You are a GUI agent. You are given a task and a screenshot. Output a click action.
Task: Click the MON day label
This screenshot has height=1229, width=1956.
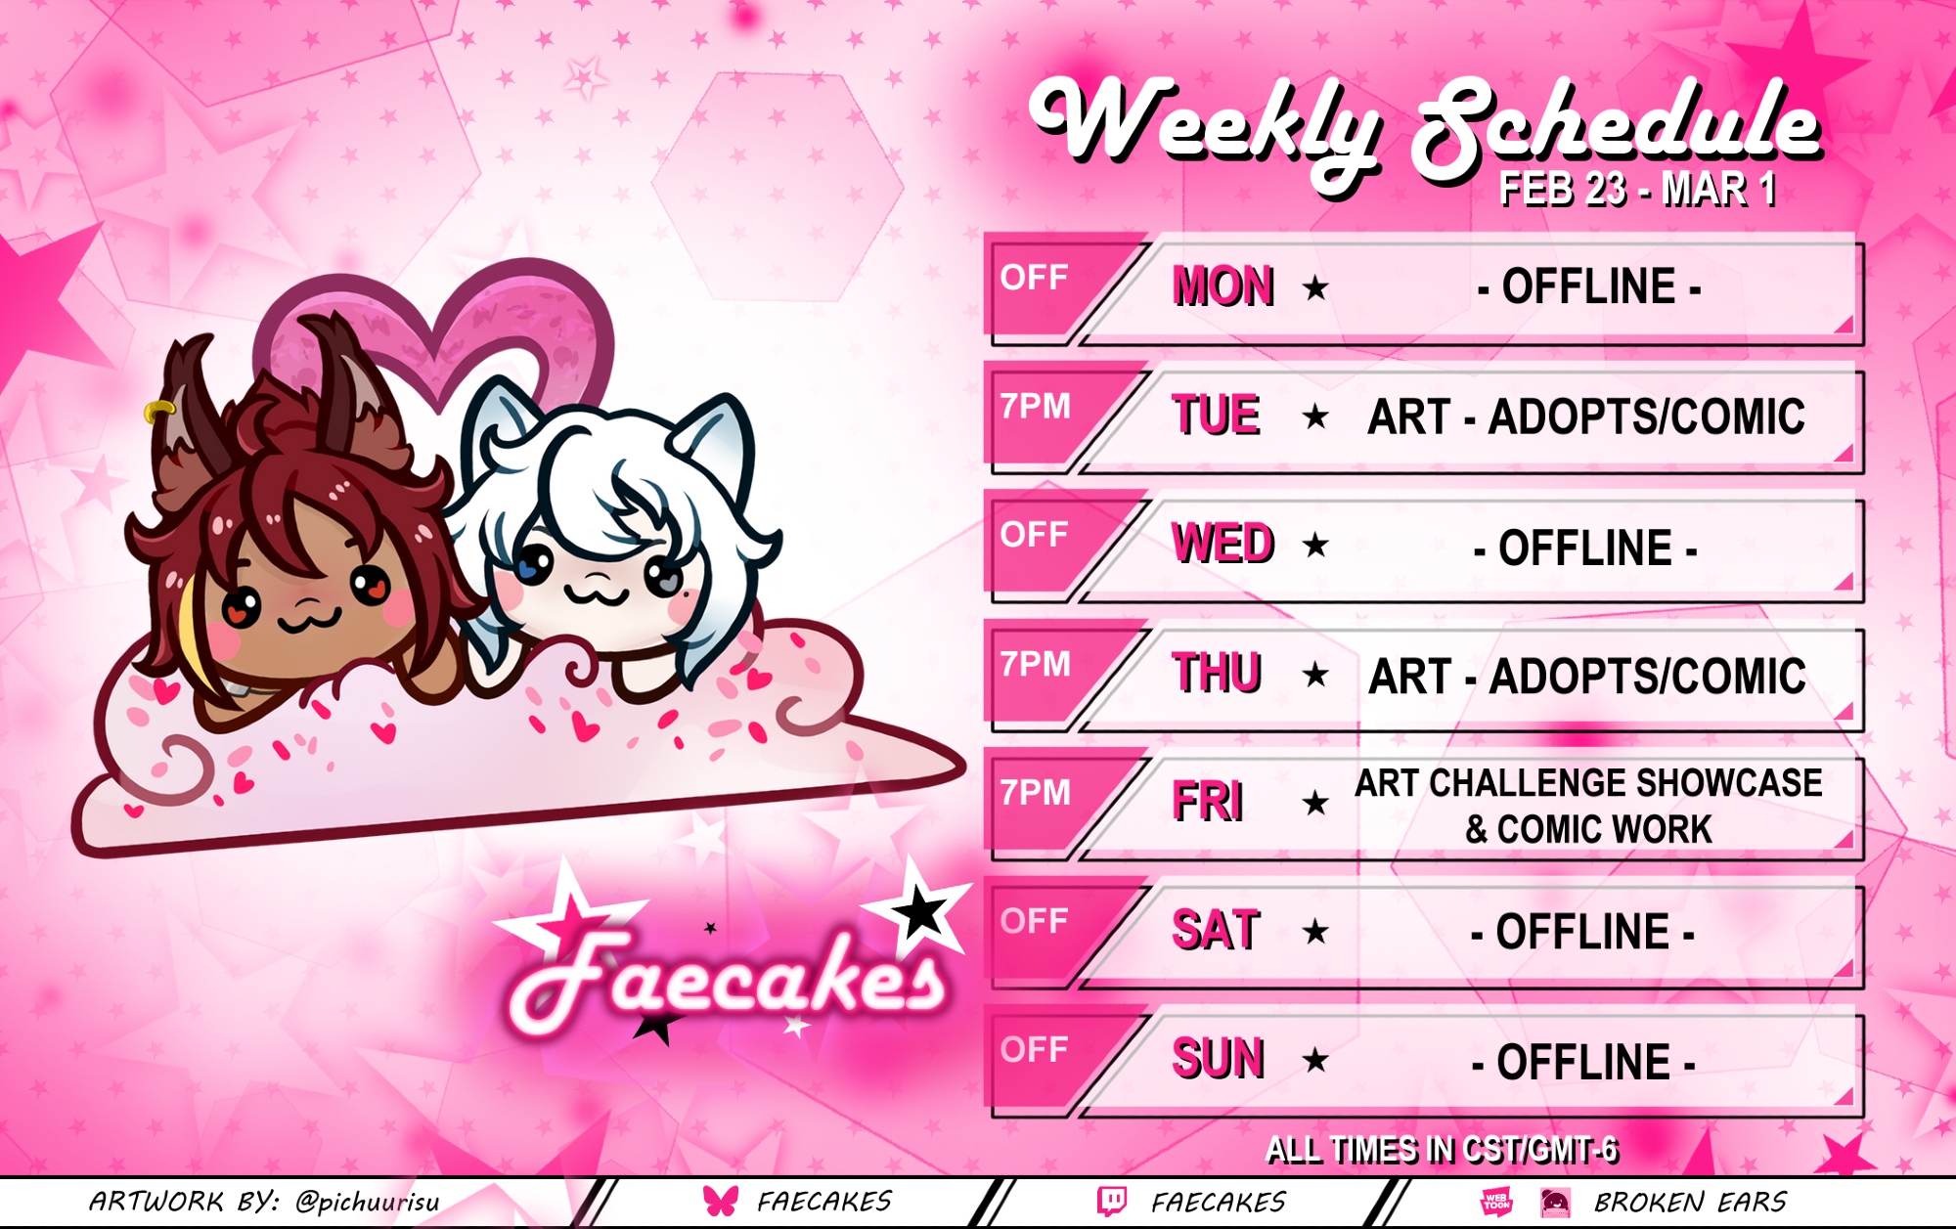[x=1223, y=286]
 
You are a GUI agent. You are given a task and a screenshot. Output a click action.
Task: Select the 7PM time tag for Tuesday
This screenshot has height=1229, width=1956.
[x=1036, y=406]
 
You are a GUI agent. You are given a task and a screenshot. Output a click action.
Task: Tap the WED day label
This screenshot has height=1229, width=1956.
[x=1223, y=544]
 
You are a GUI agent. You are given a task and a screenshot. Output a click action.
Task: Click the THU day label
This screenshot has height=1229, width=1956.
[x=1218, y=673]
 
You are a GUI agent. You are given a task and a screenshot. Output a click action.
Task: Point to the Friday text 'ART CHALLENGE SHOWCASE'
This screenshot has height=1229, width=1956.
[x=1588, y=783]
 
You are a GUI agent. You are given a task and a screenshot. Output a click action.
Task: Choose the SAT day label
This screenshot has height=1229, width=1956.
[x=1216, y=930]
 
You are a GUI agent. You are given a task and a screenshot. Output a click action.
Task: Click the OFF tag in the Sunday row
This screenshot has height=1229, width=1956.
[x=1034, y=1049]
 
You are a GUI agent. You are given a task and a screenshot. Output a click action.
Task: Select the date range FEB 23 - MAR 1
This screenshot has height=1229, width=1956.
[x=1638, y=189]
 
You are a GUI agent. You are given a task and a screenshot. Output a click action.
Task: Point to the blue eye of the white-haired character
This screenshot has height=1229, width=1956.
[x=532, y=565]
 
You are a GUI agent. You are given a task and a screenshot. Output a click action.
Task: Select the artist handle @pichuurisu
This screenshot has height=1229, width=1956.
[x=368, y=1202]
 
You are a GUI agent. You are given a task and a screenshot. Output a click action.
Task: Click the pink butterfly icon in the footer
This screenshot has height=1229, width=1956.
[x=721, y=1201]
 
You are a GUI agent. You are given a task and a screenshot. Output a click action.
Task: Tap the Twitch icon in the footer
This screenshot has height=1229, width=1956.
[x=1112, y=1201]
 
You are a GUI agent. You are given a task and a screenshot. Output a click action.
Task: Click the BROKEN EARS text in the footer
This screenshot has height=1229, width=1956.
[x=1691, y=1202]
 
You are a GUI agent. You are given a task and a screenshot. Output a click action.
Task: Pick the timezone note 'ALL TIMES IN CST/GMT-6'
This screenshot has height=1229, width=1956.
[x=1442, y=1150]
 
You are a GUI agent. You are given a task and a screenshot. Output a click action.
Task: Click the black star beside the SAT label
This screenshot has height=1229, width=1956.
[x=1315, y=931]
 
